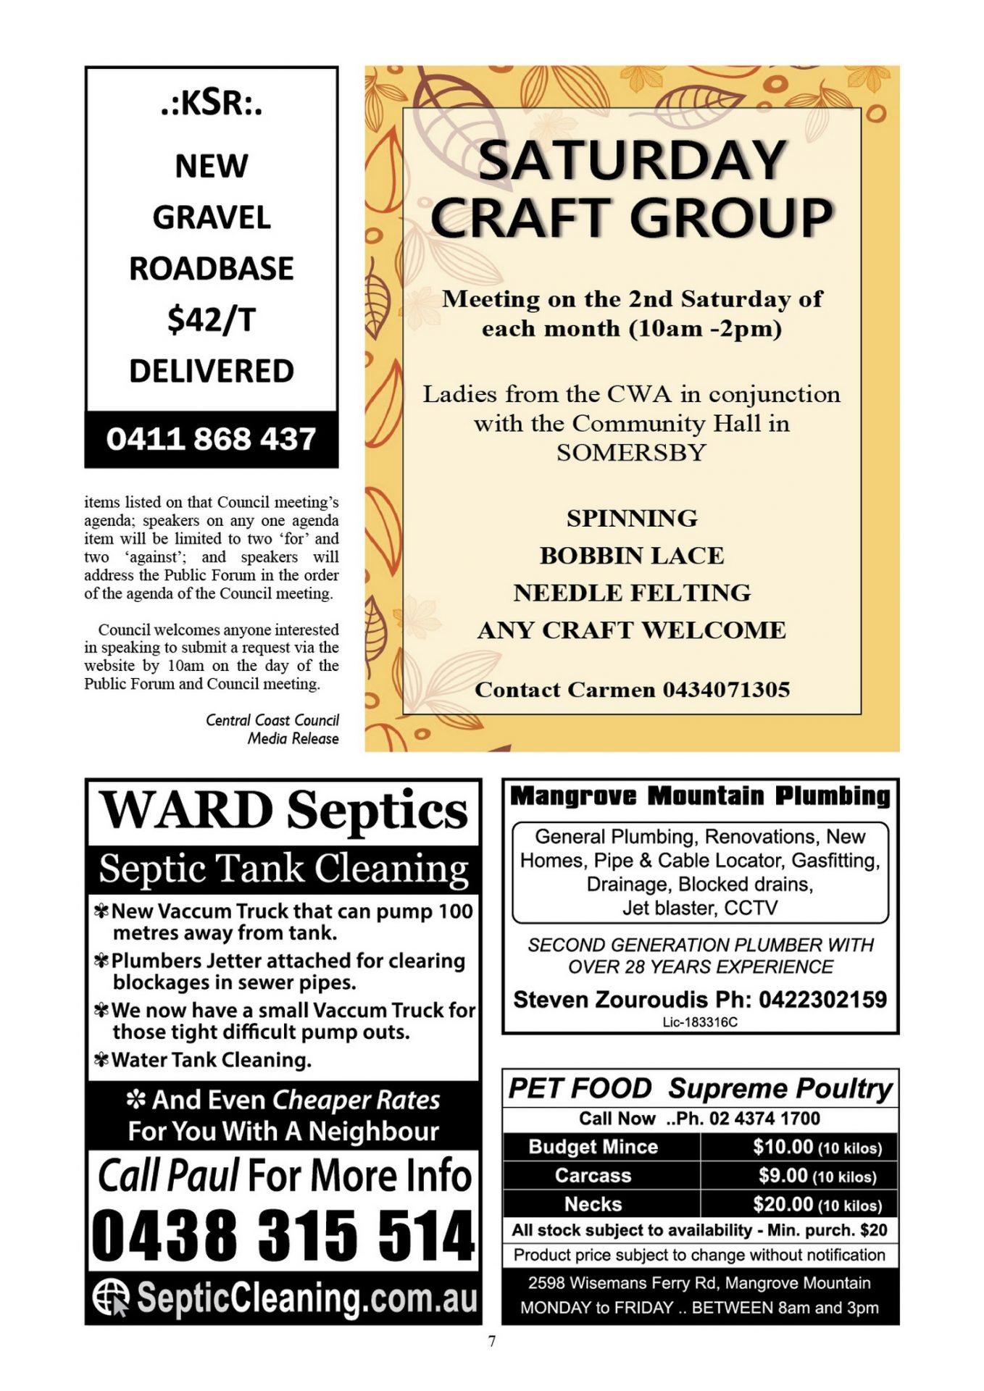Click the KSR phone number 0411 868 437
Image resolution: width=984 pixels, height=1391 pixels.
pyautogui.click(x=211, y=439)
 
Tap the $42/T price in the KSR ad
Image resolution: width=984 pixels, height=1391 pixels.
pyautogui.click(x=211, y=319)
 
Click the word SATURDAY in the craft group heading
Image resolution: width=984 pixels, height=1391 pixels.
pyautogui.click(x=632, y=160)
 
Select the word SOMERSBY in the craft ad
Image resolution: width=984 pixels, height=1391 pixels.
pyautogui.click(x=631, y=453)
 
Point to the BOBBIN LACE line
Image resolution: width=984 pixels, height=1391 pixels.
pyautogui.click(x=631, y=556)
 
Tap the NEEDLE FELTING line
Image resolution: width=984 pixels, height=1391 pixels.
pyautogui.click(x=631, y=593)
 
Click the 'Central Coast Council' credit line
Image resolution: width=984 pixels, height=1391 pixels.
pyautogui.click(x=272, y=720)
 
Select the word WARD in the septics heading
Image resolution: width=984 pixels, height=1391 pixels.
pyautogui.click(x=185, y=810)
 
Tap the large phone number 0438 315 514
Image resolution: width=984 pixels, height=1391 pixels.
pyautogui.click(x=283, y=1235)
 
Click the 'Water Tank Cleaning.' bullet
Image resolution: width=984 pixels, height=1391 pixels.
pyautogui.click(x=211, y=1060)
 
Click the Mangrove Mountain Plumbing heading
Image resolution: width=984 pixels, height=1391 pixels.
pyautogui.click(x=700, y=795)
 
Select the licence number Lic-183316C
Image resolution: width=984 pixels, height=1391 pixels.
pyautogui.click(x=699, y=1022)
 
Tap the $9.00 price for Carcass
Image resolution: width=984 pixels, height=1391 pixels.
pyautogui.click(x=783, y=1175)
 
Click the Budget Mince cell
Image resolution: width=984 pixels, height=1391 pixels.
pyautogui.click(x=593, y=1147)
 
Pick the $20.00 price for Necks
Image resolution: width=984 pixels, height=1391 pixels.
pyautogui.click(x=783, y=1204)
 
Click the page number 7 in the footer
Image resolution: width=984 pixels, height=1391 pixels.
pyautogui.click(x=492, y=1341)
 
